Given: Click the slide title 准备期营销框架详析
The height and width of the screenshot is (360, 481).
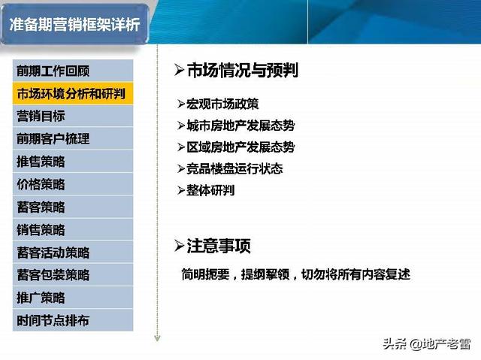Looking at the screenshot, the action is tap(74, 25).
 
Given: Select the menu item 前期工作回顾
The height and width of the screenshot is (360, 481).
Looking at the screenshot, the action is tap(53, 71).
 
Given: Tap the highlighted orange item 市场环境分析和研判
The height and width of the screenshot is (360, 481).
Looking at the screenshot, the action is tap(71, 93).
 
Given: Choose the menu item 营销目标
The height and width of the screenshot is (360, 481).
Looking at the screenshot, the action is tap(41, 116).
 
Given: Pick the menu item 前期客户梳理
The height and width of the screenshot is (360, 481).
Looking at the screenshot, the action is tap(53, 139).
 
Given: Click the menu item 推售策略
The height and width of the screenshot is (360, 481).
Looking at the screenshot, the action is tap(41, 162).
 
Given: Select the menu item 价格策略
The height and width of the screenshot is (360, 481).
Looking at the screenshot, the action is tap(41, 184).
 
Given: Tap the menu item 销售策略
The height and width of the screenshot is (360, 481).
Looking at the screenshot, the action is tap(41, 230).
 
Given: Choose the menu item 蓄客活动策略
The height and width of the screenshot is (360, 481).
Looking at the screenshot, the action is tap(53, 253).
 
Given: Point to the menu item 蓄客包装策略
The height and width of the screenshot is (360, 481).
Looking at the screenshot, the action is tap(53, 275).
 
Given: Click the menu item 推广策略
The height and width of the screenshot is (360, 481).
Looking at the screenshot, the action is tap(41, 298).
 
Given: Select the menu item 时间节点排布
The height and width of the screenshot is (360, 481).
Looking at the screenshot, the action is tap(53, 320).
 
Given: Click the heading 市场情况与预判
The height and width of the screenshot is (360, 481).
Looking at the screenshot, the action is tap(242, 70).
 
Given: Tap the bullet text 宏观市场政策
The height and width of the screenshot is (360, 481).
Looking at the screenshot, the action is tap(222, 104).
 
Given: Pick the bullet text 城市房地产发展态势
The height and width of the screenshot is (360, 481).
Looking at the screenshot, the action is tap(240, 126).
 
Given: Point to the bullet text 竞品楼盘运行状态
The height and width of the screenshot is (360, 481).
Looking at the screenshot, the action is tap(234, 168).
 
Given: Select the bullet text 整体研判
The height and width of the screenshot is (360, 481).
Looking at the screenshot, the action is tap(210, 190).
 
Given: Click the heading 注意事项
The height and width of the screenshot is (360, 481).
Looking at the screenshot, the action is tap(219, 246).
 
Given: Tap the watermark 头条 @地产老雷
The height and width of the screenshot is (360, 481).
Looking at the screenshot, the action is tap(426, 343).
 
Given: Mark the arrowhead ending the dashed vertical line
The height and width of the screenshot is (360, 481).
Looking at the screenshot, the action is tap(157, 338).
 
